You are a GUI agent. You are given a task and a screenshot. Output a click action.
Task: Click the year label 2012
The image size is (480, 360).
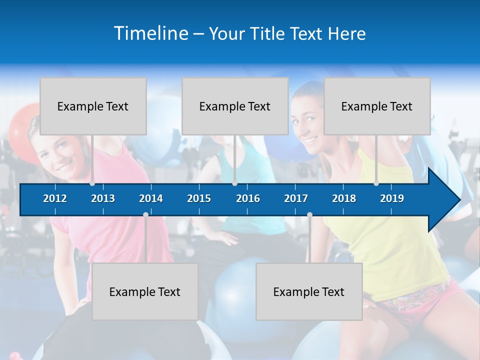[x=55, y=198]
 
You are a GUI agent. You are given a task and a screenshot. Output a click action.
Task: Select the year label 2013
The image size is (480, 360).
[x=103, y=198]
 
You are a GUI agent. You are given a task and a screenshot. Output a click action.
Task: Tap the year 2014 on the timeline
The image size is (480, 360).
[x=151, y=198]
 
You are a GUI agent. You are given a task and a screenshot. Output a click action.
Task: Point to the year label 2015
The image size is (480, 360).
[x=199, y=198]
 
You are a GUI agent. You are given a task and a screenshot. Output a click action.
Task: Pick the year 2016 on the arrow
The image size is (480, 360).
[x=248, y=198]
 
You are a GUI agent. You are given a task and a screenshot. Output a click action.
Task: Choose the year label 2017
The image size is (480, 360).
[x=296, y=198]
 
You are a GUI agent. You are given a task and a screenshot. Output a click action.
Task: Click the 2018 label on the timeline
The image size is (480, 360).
[x=344, y=198]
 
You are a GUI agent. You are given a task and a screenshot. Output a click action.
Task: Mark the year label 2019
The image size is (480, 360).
[x=392, y=198]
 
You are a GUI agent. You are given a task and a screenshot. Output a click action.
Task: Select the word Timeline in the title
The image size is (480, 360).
[x=151, y=33]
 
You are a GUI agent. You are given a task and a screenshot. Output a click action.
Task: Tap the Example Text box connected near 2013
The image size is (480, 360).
[x=93, y=106]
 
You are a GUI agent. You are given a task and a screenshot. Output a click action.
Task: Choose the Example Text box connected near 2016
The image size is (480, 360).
[x=235, y=106]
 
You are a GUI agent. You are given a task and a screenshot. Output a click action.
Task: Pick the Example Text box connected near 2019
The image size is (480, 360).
[x=377, y=106]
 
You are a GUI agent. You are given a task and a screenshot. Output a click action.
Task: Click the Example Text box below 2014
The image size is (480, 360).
[x=145, y=291]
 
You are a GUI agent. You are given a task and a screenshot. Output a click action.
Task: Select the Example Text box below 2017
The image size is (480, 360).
[x=309, y=291]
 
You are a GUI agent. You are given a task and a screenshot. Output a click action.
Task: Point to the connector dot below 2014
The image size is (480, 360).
[x=145, y=214]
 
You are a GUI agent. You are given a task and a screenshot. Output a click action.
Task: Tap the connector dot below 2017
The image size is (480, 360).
[x=309, y=214]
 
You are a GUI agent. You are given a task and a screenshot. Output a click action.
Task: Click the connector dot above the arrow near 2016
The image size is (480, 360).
[x=234, y=183]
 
